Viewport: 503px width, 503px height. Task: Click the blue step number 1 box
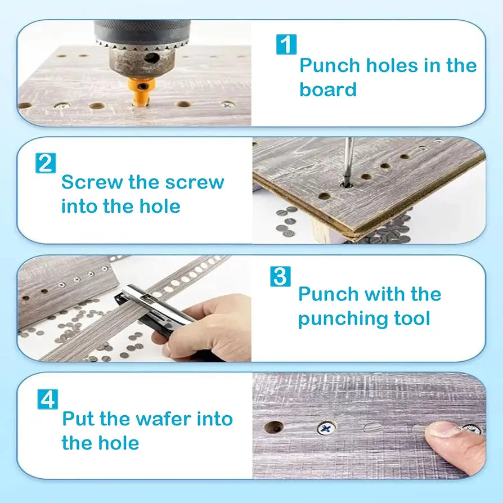coord(286,44)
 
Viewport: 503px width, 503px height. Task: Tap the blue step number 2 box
coord(46,163)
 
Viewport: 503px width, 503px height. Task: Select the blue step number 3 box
coord(280,277)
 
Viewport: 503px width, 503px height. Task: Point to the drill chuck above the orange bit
coord(142,48)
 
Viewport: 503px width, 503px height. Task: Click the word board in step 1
coord(327,90)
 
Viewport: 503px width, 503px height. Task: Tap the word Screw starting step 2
coord(92,182)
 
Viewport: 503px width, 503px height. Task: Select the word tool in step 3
coord(411,318)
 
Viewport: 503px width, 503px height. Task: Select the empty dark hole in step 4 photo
coord(273,427)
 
